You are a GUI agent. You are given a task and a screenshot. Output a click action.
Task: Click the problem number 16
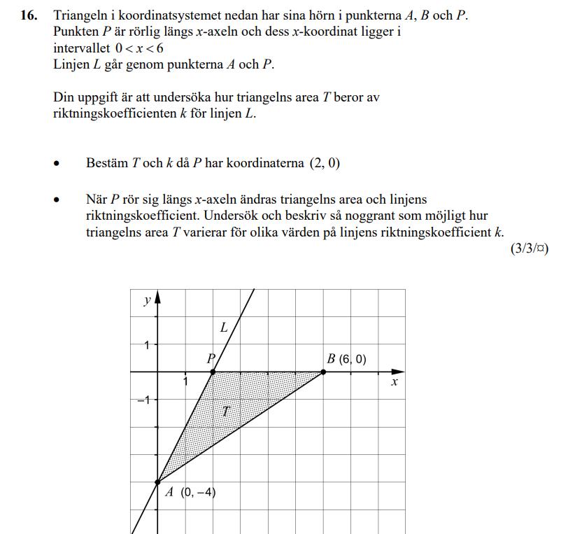(28, 15)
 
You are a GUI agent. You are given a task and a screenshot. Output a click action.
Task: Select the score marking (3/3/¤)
(529, 249)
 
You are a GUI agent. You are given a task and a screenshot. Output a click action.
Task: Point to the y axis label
(147, 300)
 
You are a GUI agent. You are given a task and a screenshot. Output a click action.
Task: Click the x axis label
(395, 382)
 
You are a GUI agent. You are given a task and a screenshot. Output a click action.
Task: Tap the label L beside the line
(224, 327)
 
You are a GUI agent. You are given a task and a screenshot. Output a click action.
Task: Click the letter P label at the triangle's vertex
(210, 358)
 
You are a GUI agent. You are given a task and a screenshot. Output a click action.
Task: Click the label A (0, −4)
(190, 492)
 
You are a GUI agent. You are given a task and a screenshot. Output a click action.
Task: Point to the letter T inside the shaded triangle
(225, 411)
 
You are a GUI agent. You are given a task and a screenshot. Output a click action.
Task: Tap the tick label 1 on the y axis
(147, 344)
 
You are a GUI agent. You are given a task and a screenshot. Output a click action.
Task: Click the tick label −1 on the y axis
(143, 400)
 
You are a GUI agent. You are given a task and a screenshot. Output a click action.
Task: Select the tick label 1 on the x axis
(185, 382)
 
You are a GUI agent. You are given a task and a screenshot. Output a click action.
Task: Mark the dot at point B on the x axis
(323, 372)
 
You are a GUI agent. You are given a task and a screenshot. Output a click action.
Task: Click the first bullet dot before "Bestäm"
(57, 164)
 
